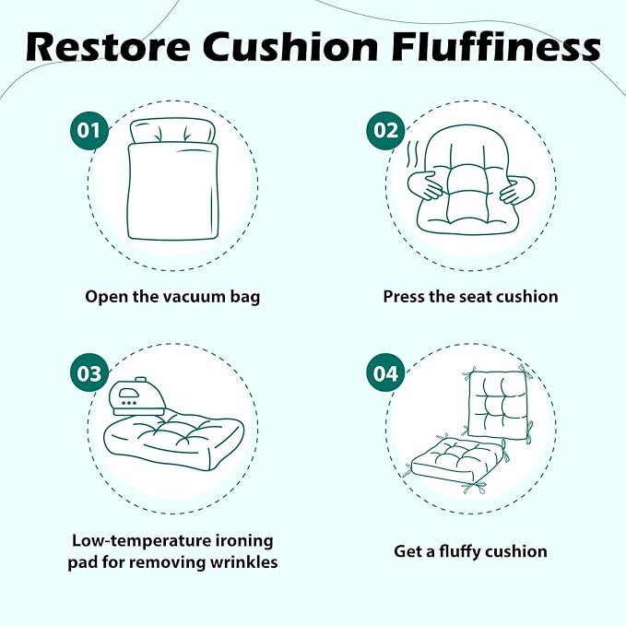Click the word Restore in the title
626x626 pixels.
tap(108, 47)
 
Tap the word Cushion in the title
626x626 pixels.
tap(290, 47)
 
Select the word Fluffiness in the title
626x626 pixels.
tap(496, 47)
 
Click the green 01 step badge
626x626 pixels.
tap(89, 131)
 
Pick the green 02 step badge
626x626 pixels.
tap(385, 131)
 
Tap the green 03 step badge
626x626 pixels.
tap(89, 373)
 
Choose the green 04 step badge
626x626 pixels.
tap(385, 373)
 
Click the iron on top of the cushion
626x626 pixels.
tap(138, 396)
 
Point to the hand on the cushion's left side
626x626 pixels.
tap(426, 185)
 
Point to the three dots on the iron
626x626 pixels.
tap(128, 403)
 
